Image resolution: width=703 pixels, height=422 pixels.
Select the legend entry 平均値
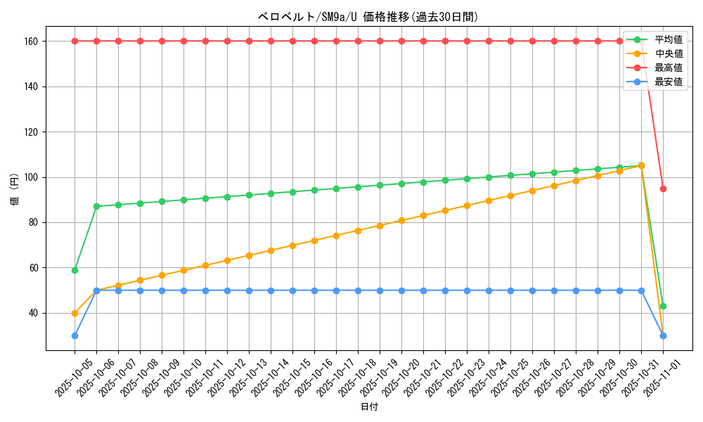click(668, 39)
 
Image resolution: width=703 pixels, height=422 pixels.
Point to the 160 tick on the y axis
click(33, 41)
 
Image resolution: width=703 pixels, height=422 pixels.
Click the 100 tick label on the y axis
click(33, 177)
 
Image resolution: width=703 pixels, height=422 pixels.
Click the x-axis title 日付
click(369, 407)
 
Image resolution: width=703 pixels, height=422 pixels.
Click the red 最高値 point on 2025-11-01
click(663, 188)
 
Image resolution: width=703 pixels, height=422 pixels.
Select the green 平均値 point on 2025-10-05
click(75, 270)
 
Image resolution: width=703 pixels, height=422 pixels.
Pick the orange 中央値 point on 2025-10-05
click(75, 313)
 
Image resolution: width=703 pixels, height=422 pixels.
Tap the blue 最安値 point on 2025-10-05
click(75, 335)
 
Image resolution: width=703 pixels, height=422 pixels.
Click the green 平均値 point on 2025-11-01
click(663, 306)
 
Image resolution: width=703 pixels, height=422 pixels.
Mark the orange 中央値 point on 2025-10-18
click(358, 231)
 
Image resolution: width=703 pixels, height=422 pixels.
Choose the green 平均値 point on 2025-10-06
click(96, 206)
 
